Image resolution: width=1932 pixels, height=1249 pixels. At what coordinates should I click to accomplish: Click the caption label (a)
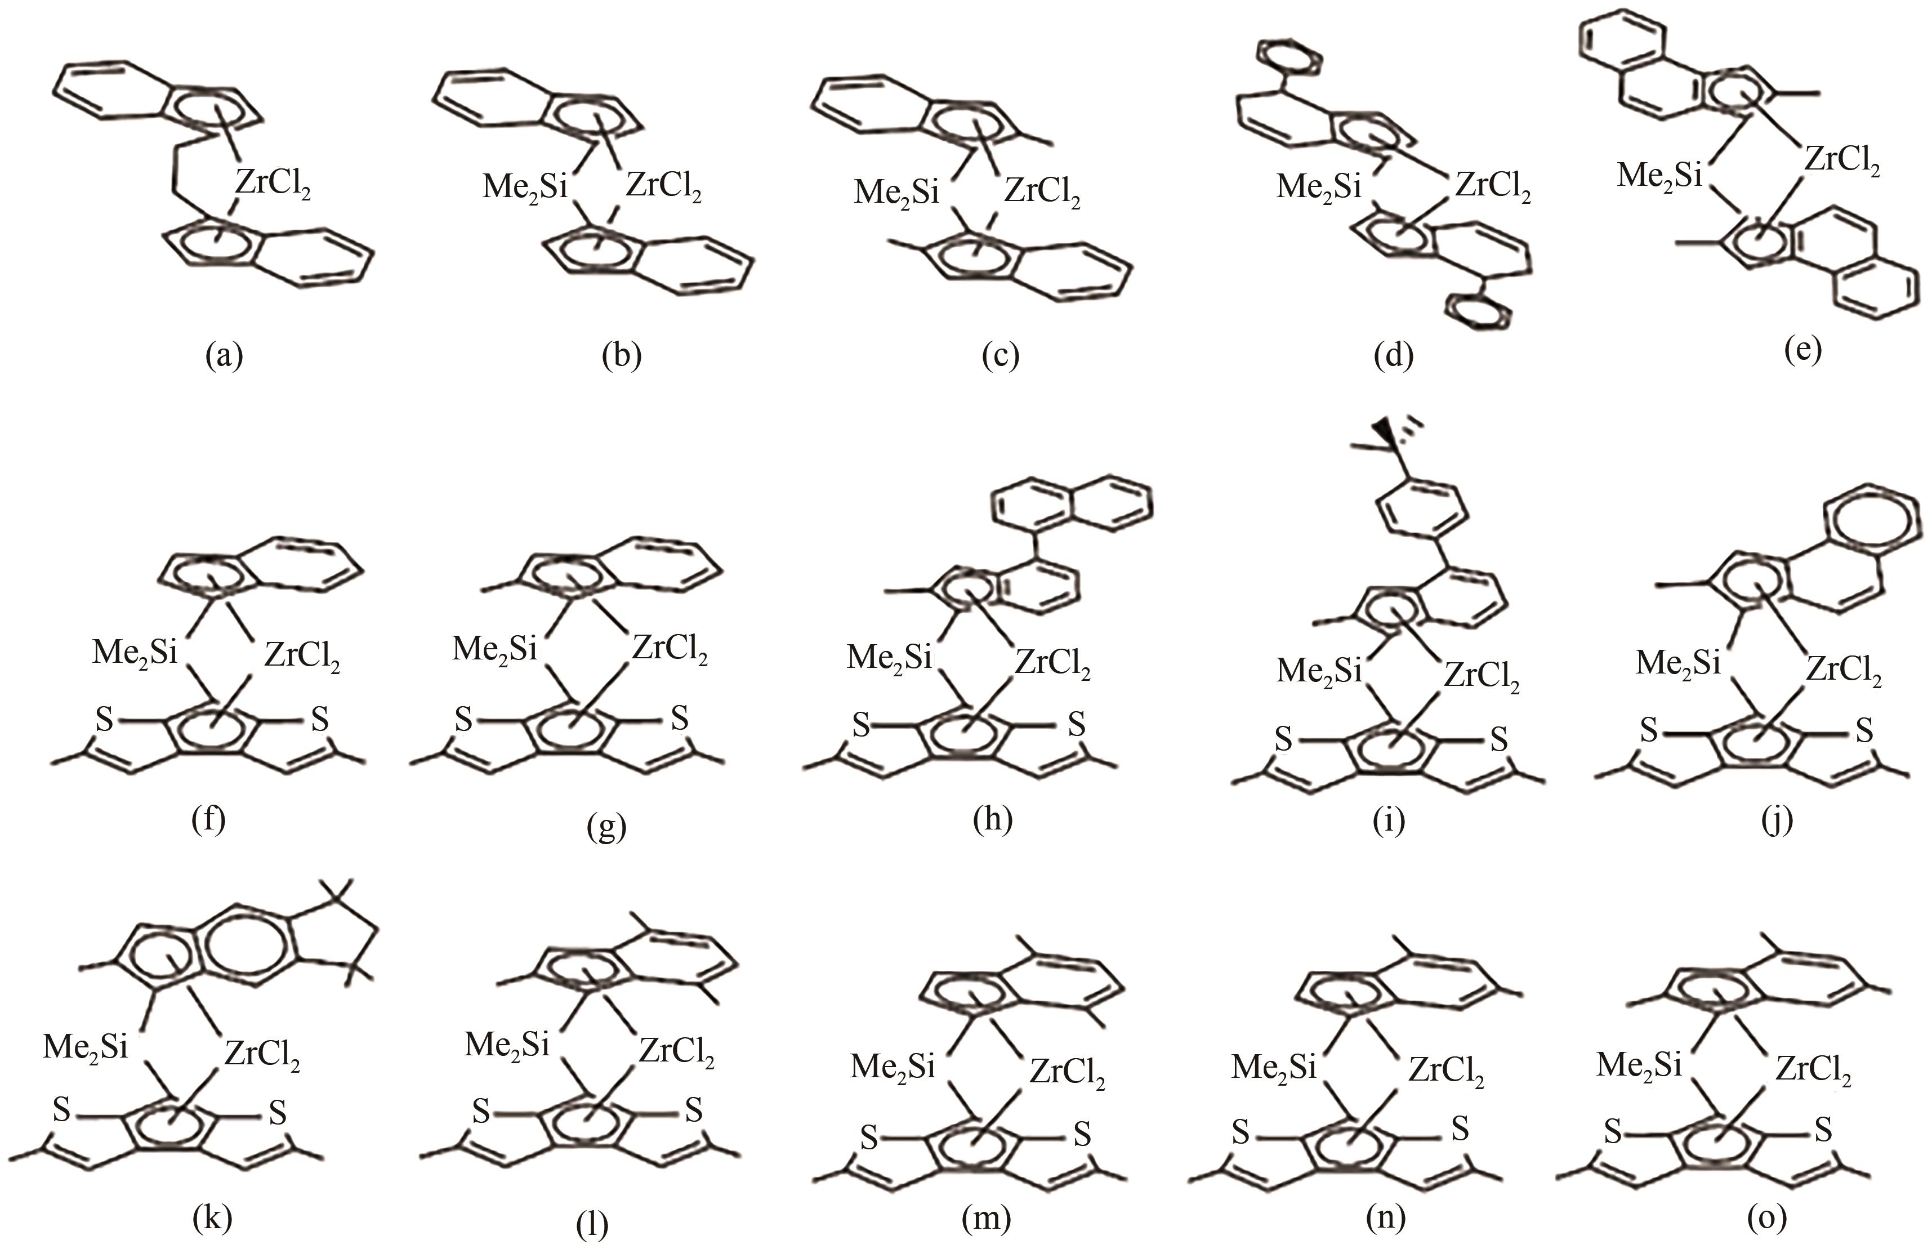click(x=225, y=356)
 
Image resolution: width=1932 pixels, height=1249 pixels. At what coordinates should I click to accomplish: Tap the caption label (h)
click(x=993, y=820)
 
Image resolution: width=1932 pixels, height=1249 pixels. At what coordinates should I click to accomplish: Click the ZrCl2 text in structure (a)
click(x=273, y=186)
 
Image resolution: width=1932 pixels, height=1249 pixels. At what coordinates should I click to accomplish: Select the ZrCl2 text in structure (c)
click(x=1041, y=193)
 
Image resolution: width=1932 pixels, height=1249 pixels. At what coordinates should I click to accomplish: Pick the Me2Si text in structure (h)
click(x=890, y=658)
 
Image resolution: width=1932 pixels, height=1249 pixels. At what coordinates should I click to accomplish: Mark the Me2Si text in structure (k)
click(x=86, y=1047)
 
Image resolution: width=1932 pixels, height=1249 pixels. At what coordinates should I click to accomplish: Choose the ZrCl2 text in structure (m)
click(x=1068, y=1073)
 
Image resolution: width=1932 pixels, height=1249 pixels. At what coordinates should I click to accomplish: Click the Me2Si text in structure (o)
click(x=1639, y=1065)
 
